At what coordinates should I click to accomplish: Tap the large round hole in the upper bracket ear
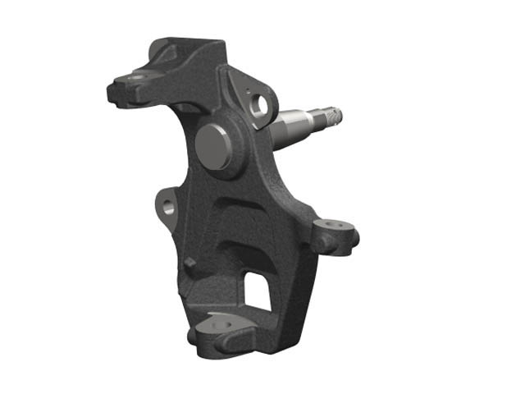point(261,105)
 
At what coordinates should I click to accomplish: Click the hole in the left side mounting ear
point(169,207)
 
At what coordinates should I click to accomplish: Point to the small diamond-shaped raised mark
point(190,263)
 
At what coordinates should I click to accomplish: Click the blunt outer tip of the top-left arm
point(116,89)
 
